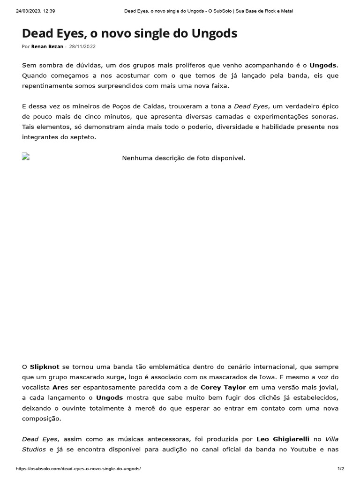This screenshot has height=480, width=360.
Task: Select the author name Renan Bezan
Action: (47, 47)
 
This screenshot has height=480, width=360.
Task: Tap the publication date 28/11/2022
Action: (83, 47)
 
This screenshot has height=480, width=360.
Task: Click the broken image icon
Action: (26, 157)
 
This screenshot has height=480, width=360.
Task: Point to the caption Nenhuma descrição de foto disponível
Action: (184, 158)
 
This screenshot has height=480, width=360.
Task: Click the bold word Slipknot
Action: (44, 367)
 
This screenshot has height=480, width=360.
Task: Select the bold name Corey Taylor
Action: (223, 387)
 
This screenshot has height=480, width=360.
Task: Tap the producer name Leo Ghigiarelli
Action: (283, 439)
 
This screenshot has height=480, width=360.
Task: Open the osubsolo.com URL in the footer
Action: (78, 469)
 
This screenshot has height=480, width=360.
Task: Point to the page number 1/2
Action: (341, 469)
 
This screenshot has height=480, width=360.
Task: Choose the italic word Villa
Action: (331, 439)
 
